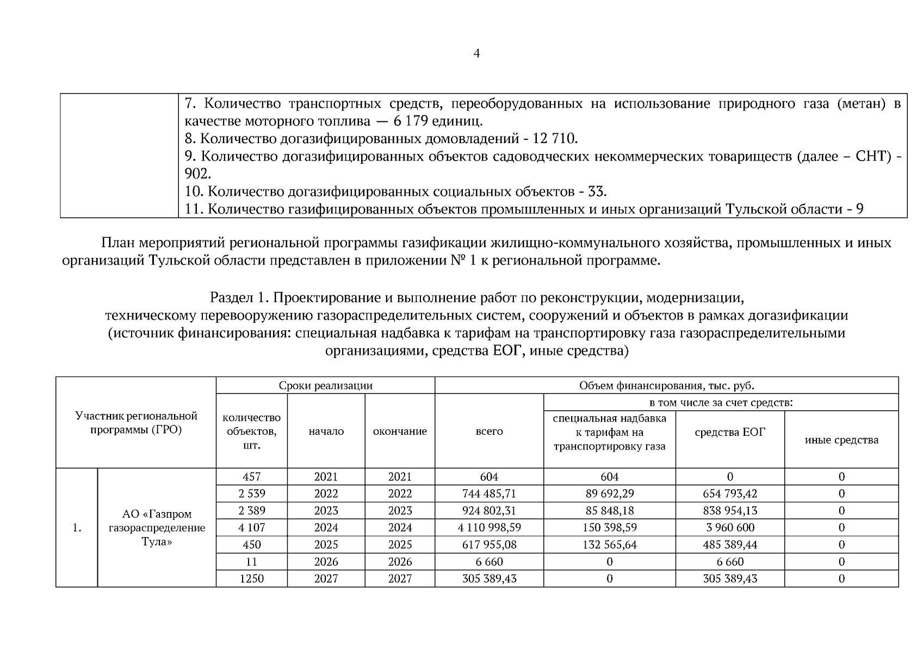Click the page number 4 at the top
(x=476, y=53)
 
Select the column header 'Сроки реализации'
(x=325, y=385)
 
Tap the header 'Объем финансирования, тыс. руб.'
(x=666, y=385)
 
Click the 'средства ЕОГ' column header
(x=730, y=432)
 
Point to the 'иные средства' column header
(x=841, y=440)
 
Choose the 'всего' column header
(x=489, y=432)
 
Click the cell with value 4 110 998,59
(x=489, y=527)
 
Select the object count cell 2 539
(x=251, y=494)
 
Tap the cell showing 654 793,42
(x=730, y=494)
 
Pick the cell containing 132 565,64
(x=609, y=544)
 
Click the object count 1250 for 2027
(x=251, y=578)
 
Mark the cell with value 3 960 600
(x=730, y=527)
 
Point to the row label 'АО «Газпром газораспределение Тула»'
(x=157, y=527)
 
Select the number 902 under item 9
(x=196, y=174)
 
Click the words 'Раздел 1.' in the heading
(x=239, y=298)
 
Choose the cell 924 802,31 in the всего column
(x=489, y=510)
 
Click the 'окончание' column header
(x=400, y=432)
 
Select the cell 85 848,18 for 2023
(x=609, y=510)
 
